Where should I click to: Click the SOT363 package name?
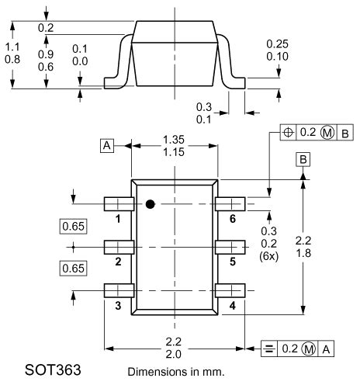[x=54, y=366]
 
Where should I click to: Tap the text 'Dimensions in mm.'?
[x=175, y=371]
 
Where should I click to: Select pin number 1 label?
[x=118, y=219]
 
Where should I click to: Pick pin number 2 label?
[x=118, y=262]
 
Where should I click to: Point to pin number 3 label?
[x=118, y=305]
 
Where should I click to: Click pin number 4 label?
[x=232, y=305]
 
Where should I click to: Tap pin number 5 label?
[x=232, y=262]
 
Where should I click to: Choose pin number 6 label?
[x=232, y=219]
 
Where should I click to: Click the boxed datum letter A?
[x=106, y=145]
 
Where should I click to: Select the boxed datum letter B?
[x=303, y=159]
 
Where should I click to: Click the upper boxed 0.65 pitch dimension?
[x=73, y=227]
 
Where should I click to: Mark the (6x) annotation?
[x=268, y=255]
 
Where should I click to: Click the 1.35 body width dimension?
[x=174, y=140]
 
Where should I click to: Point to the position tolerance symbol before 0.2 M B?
[x=289, y=133]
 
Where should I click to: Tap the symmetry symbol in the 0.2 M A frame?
[x=268, y=349]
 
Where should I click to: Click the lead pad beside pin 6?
[x=230, y=204]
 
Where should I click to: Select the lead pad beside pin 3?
[x=119, y=291]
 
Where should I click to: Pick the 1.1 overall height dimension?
[x=12, y=46]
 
